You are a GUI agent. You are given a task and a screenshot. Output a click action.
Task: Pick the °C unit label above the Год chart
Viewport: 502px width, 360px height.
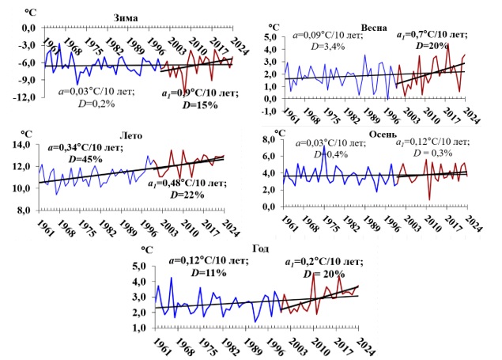coord(146,250)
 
